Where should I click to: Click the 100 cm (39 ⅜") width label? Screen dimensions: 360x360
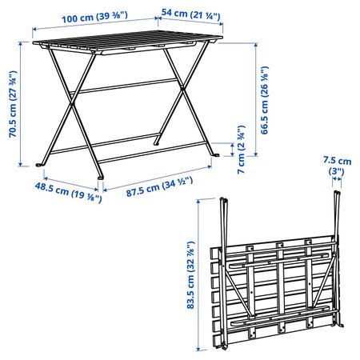[94, 18]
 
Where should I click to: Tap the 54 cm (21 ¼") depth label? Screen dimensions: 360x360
[191, 14]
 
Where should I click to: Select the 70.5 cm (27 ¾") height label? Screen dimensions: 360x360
[13, 104]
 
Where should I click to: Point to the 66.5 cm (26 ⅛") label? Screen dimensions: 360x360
[264, 100]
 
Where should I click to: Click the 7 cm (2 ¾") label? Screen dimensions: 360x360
[241, 150]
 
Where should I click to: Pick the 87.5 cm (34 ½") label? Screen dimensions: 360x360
[159, 186]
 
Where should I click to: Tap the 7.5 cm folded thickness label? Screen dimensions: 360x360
[337, 166]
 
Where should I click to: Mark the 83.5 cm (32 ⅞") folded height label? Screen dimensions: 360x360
[190, 275]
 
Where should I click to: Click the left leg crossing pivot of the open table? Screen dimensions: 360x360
[71, 104]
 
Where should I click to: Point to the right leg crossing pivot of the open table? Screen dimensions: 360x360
[182, 88]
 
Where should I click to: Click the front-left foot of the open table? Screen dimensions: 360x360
[39, 165]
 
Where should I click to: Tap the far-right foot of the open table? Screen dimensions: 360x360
[216, 154]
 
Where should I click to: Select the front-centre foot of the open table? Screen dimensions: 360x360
[101, 177]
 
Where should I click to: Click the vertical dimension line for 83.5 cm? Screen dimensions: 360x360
[198, 275]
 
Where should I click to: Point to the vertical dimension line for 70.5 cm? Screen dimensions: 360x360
[21, 105]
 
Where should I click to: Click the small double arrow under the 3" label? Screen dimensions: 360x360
[337, 179]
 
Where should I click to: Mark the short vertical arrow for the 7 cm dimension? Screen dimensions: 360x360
[233, 150]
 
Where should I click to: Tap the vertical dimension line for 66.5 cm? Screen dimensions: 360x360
[256, 99]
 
